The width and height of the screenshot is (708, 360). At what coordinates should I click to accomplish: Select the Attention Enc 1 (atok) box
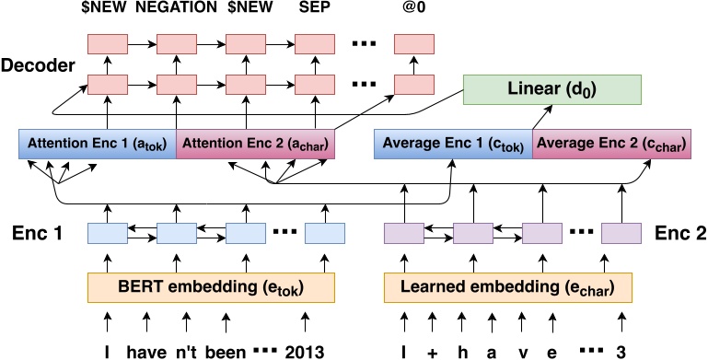click(97, 145)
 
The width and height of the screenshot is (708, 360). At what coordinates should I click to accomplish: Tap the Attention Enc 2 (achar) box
click(255, 145)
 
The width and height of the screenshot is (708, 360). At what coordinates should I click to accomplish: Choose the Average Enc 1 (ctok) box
click(452, 145)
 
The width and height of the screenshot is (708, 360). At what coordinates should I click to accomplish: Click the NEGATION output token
click(178, 12)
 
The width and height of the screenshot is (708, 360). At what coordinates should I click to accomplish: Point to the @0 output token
click(412, 12)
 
